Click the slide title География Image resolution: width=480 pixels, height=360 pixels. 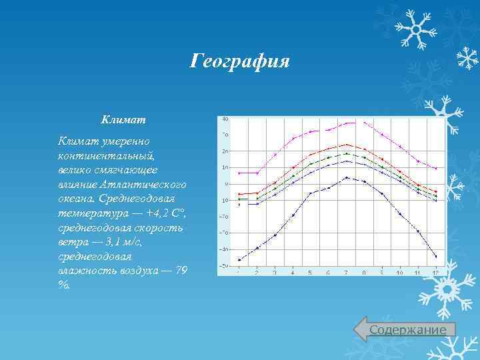(x=239, y=62)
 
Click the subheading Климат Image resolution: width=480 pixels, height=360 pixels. (x=123, y=120)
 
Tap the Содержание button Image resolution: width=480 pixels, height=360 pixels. (x=407, y=330)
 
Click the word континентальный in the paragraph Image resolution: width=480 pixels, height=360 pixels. (x=106, y=155)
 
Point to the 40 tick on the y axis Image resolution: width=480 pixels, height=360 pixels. (x=225, y=119)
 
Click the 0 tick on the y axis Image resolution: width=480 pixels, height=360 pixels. (x=226, y=183)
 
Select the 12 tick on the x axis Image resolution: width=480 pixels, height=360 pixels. (x=435, y=273)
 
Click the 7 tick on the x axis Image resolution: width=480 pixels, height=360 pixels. (x=346, y=273)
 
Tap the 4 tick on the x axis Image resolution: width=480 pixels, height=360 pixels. (x=293, y=273)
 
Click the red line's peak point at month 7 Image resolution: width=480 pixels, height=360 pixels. (x=346, y=145)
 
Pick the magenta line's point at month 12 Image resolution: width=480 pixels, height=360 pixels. (x=435, y=169)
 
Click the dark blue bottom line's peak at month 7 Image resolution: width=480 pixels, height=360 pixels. (x=346, y=177)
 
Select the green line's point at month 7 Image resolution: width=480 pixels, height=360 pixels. (x=346, y=153)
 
